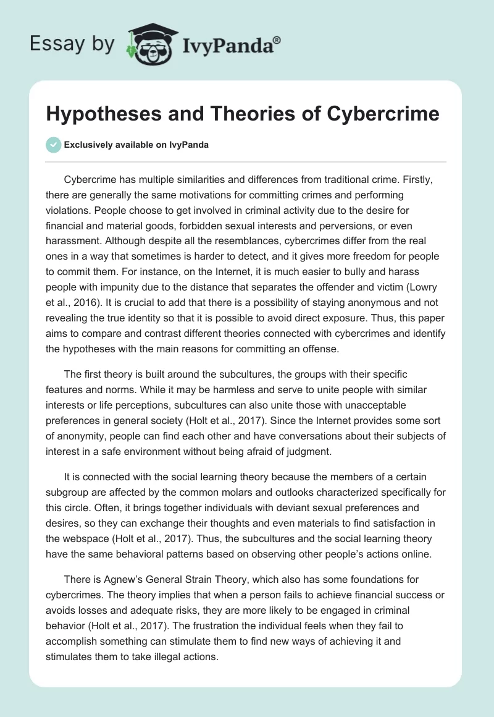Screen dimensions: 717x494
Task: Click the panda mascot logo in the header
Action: [x=148, y=43]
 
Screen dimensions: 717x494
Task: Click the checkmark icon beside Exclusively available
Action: [x=53, y=145]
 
